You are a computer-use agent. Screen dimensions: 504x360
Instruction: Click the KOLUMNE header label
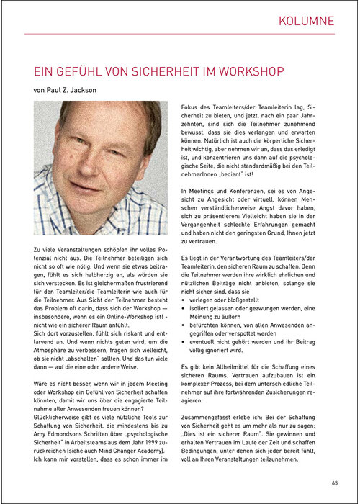(307, 21)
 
